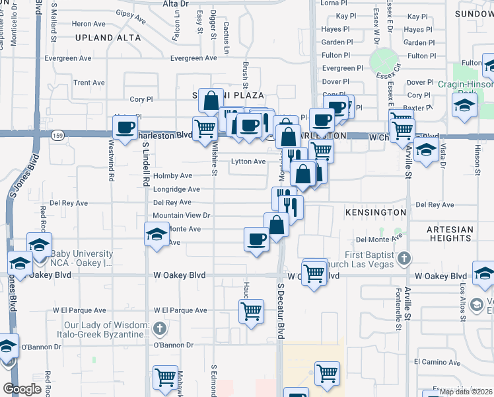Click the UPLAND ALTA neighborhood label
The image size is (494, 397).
[x=108, y=38]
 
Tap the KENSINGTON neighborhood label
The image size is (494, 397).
[x=375, y=212]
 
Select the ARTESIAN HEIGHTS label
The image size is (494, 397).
[x=449, y=236]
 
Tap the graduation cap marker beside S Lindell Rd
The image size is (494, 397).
[x=157, y=234]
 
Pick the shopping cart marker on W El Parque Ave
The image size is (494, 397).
[x=251, y=311]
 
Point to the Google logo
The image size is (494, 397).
[x=22, y=389]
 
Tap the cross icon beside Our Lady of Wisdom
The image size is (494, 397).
[x=159, y=328]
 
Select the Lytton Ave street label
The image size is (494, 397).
[x=248, y=161]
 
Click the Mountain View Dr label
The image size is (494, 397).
[x=181, y=216]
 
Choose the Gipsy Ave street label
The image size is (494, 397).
[x=130, y=13]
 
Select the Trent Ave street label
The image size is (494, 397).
[x=89, y=83]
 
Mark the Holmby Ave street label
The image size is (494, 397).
[x=172, y=176]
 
